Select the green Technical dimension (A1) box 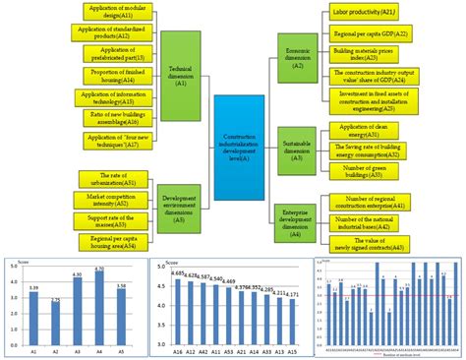[183, 71]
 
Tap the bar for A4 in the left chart [99, 305]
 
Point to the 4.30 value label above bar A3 [78, 275]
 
